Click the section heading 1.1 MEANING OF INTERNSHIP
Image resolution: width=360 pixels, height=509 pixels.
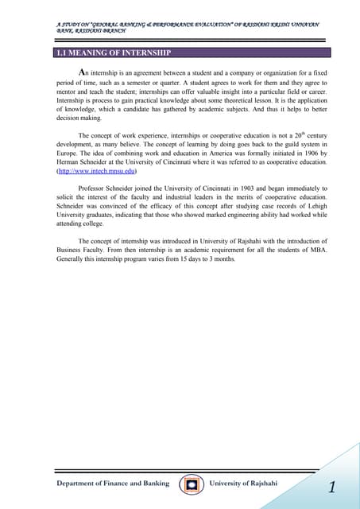coord(108,54)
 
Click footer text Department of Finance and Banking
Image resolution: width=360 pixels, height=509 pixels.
coord(112,484)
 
